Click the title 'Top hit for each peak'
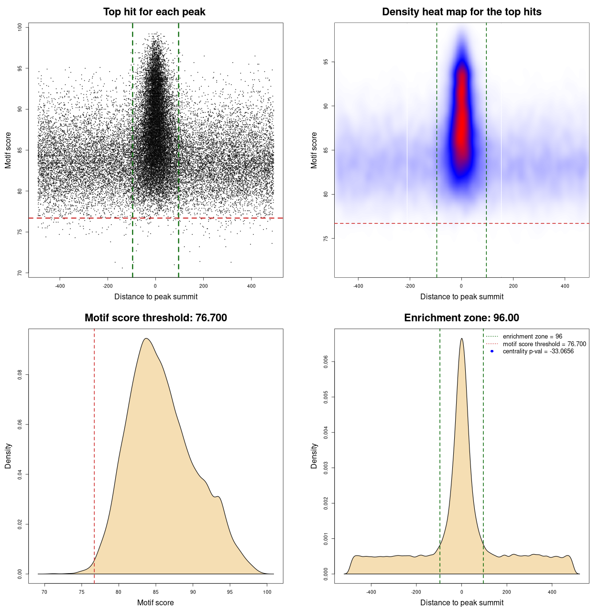coord(154,12)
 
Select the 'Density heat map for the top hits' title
coord(461,12)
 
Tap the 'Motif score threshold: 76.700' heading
coord(155,318)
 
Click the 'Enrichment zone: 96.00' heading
coord(461,318)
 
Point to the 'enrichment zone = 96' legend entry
coord(532,337)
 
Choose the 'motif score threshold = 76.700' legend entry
coord(544,344)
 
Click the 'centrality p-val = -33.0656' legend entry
coord(538,351)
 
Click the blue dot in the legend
coord(492,351)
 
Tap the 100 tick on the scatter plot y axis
coord(20,27)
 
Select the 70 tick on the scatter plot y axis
coord(20,273)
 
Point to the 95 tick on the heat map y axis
coord(326,62)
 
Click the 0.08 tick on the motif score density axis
coord(20,375)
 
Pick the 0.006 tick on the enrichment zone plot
coord(326,362)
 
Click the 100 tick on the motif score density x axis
coord(267,592)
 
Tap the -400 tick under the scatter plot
coord(60,286)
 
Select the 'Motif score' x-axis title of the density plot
coord(155,602)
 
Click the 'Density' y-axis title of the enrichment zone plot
coord(314,456)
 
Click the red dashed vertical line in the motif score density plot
coord(94,454)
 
